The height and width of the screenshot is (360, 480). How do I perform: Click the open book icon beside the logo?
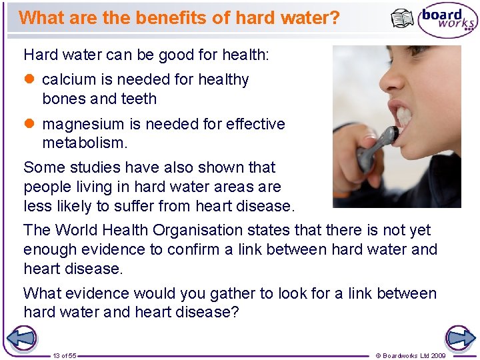(402, 19)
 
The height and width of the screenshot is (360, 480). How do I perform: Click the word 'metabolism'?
(83, 143)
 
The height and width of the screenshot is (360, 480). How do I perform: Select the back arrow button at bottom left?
(21, 338)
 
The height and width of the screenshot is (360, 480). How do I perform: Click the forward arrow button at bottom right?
(460, 338)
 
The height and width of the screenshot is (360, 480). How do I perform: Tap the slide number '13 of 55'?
(65, 356)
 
